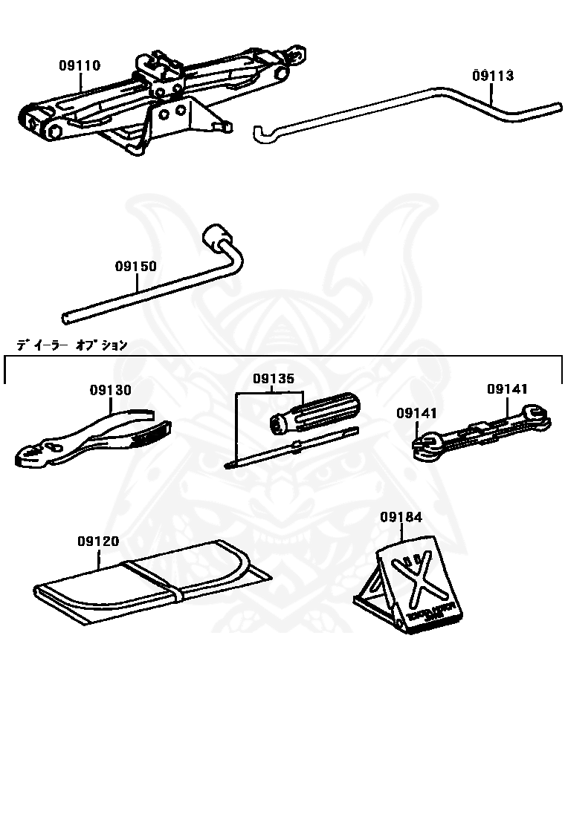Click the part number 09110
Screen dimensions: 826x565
[80, 65]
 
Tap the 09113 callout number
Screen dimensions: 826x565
[492, 76]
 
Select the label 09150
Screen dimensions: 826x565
[135, 265]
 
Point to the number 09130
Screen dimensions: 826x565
[111, 390]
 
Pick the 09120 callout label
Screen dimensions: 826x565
[97, 542]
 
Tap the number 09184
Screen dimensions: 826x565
[401, 516]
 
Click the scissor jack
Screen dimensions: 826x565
[156, 97]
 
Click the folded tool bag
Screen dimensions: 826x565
[149, 576]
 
